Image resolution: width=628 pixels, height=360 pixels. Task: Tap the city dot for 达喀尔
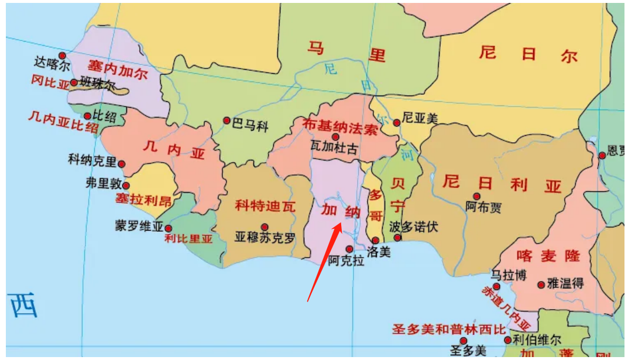[x=62, y=56]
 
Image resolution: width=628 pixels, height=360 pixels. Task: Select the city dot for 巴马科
[x=227, y=121]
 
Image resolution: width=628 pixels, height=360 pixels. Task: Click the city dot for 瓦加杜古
[x=335, y=137]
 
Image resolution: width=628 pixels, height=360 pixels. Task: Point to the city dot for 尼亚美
[x=396, y=122]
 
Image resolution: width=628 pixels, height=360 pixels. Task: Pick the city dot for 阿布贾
[x=476, y=196]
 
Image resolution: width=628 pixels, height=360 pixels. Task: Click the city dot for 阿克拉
[x=349, y=249]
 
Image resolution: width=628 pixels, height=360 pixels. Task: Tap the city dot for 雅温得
[x=541, y=284]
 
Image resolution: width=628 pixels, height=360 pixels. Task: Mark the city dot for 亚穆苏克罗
[x=265, y=227]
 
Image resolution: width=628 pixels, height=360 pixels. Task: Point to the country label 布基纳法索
[x=340, y=126]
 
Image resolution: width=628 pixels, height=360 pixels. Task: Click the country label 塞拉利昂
[x=143, y=200]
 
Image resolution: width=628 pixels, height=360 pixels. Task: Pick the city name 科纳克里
[x=92, y=159]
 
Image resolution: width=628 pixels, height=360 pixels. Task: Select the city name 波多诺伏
[x=414, y=227]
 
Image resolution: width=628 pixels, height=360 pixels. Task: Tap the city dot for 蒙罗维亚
[x=169, y=228]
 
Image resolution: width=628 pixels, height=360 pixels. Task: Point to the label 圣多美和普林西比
[x=449, y=329]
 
